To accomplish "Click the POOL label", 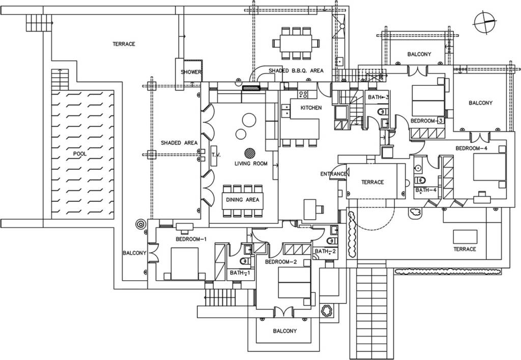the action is click(x=80, y=154).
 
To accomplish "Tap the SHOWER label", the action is click(x=191, y=72).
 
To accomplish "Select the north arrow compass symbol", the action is click(x=485, y=22).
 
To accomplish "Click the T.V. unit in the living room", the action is click(x=214, y=156).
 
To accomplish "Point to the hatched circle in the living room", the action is click(x=250, y=153).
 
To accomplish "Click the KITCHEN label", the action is click(x=311, y=108).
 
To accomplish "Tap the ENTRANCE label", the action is click(x=333, y=174).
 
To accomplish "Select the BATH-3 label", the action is click(x=378, y=97).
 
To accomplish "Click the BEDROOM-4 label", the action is click(x=471, y=148).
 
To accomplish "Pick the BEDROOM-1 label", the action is click(x=191, y=239).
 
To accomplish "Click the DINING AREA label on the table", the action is click(x=243, y=200).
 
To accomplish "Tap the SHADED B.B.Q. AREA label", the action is click(x=296, y=70).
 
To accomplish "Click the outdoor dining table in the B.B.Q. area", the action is click(x=296, y=43).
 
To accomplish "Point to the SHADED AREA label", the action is click(x=179, y=143).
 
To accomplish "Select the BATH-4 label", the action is click(x=426, y=190).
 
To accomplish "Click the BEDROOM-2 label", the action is click(x=281, y=262).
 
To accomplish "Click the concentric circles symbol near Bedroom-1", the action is click(x=141, y=224).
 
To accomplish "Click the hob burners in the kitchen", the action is click(x=303, y=95).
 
